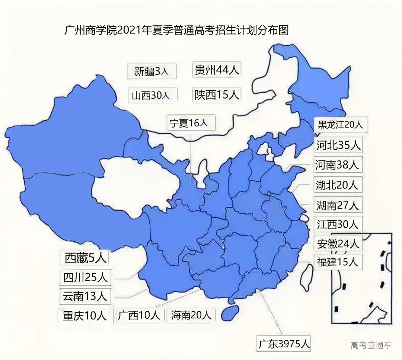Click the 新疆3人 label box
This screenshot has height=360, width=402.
click(151, 71)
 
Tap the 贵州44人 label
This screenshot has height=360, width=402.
click(217, 70)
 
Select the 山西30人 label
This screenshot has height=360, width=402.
click(151, 96)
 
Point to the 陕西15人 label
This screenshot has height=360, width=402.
click(217, 95)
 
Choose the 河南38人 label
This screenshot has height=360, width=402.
click(337, 165)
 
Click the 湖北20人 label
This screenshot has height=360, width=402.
click(337, 184)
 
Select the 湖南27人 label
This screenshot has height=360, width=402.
click(337, 205)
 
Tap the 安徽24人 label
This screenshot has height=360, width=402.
click(338, 244)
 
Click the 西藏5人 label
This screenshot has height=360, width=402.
click(86, 258)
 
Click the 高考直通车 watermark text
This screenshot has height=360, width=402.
click(371, 345)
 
